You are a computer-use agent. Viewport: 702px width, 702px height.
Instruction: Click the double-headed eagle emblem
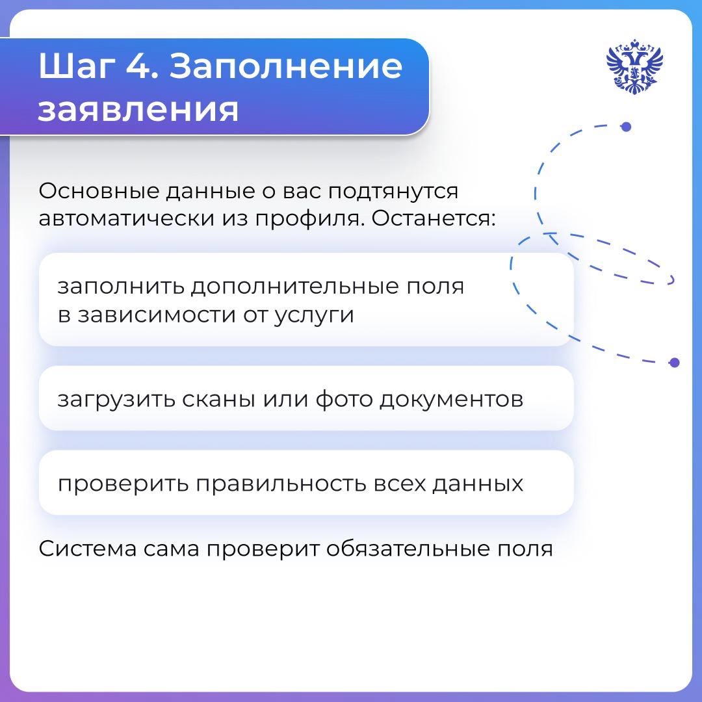[634, 67]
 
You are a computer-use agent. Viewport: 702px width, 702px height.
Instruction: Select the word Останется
[433, 219]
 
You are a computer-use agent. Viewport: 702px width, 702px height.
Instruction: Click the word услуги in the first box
[314, 315]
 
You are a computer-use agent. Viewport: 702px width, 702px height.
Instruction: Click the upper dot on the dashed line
[626, 127]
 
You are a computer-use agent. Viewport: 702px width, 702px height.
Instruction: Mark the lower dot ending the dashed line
[674, 362]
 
